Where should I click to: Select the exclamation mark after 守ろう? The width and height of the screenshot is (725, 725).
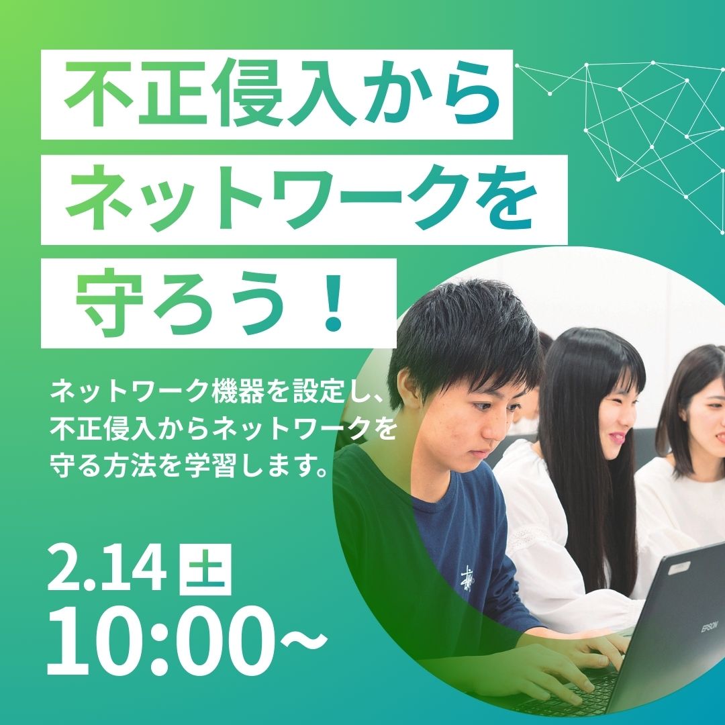click(x=332, y=305)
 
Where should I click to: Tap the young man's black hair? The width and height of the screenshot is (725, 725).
click(x=463, y=329)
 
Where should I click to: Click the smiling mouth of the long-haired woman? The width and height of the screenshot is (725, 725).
click(x=618, y=436)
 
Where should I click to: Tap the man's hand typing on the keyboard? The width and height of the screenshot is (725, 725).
click(x=537, y=678)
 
